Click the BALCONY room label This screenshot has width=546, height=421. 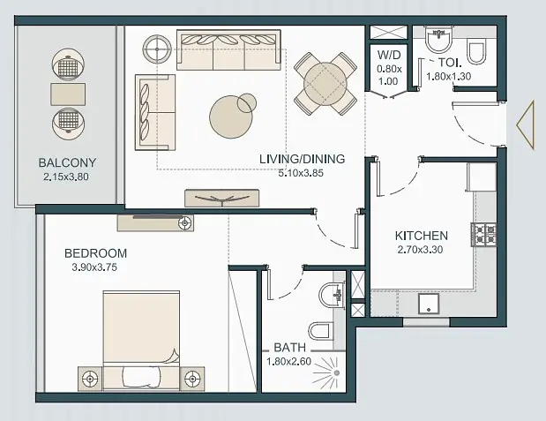point(67,162)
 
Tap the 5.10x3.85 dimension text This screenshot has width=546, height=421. point(301,173)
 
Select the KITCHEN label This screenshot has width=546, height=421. point(422,236)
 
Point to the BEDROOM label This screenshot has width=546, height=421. point(96,253)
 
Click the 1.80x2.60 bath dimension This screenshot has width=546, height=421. point(289,362)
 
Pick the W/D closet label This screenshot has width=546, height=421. point(389,55)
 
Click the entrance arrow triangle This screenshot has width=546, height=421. point(526,125)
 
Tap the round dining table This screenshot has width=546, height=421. point(325,84)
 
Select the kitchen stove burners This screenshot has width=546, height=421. point(483,235)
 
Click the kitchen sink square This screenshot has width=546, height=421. point(429,304)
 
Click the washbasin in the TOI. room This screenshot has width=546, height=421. point(438,41)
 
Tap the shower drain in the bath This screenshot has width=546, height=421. point(337,373)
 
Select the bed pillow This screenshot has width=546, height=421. point(142,377)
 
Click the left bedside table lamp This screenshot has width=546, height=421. point(91,379)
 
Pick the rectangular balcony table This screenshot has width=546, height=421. point(68,94)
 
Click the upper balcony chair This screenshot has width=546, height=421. point(68,64)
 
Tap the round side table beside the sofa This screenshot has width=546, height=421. point(157,49)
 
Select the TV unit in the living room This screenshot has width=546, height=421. point(221,198)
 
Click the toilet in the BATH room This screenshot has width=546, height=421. point(321,330)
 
